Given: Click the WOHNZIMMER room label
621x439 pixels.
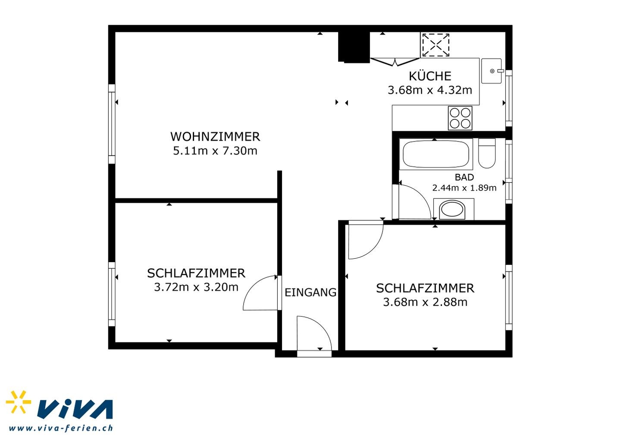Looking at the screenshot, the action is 215,137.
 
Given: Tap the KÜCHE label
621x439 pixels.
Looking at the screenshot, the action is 430,76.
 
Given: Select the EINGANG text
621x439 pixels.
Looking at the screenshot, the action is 310,292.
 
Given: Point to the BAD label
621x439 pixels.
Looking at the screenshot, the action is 464,177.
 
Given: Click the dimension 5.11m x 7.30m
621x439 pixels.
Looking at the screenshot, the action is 215,151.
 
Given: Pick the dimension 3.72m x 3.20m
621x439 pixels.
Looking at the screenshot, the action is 196,287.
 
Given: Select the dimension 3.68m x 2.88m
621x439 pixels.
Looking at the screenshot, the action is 425,302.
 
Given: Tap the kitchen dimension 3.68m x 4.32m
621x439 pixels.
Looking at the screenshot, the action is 430,90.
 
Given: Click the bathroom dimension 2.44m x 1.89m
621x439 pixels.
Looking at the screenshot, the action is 464,188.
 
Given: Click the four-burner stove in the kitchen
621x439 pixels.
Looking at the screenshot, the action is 460,118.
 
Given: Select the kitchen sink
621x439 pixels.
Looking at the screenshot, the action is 492,71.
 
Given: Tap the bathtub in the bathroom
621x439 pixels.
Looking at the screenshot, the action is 436,154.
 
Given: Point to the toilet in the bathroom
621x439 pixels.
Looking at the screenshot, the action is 487,153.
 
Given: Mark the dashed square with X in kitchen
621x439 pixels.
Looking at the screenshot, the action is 436,45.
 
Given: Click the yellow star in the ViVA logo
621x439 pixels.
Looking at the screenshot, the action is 18,402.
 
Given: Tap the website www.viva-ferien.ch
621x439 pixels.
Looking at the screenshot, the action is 61,428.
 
